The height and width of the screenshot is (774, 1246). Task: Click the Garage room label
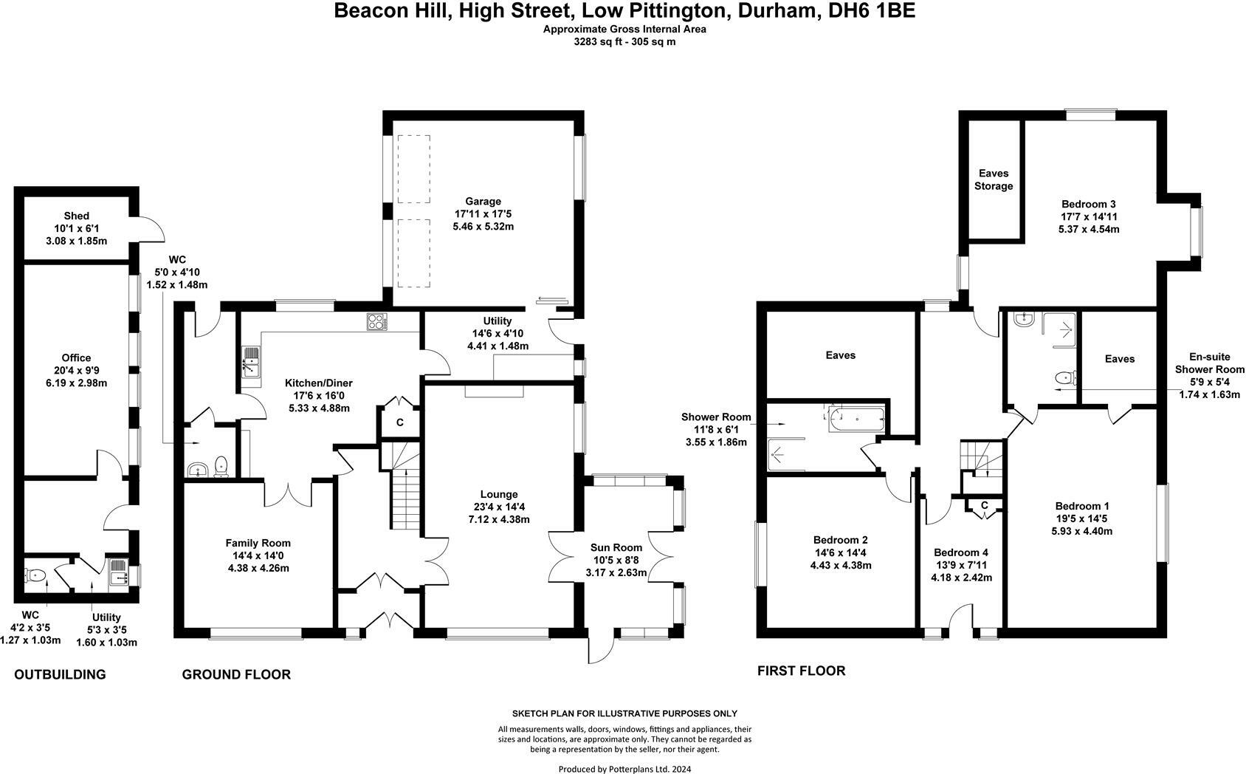coord(483,202)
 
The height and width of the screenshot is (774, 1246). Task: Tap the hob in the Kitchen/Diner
coord(376,321)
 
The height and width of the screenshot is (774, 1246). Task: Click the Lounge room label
coord(499,494)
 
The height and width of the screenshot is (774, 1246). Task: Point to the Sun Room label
coord(616,547)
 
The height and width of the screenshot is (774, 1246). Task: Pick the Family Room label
coord(258,543)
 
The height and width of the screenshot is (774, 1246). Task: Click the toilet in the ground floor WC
coord(221,466)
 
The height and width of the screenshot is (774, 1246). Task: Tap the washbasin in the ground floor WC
coord(198,470)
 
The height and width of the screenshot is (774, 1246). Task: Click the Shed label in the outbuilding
coord(76,216)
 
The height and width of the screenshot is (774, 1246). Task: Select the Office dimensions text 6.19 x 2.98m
coord(77,383)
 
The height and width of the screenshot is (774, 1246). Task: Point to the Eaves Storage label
coord(994,179)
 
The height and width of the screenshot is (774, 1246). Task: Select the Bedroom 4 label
coord(960,552)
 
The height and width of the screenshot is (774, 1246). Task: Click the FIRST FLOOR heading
coord(801,671)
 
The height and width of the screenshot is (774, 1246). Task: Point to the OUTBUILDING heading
coord(60,674)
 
